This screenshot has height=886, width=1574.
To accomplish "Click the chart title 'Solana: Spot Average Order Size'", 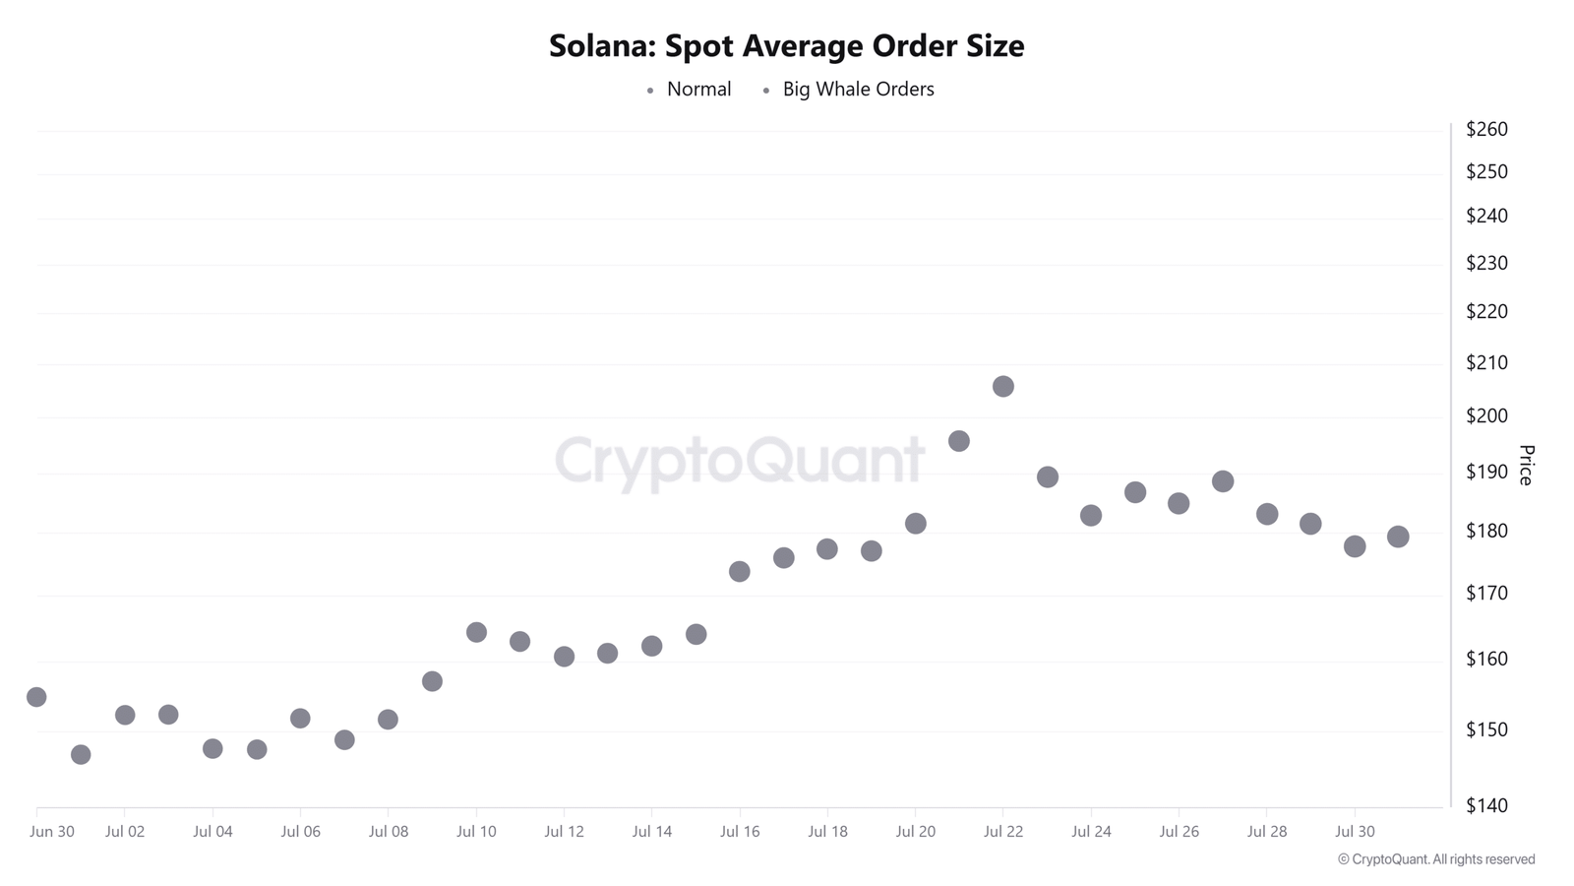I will point(786,46).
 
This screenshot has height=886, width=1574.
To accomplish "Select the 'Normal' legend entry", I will point(698,90).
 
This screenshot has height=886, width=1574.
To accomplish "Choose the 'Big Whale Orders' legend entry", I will point(858,90).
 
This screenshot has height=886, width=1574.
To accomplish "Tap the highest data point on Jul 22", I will point(1002,387).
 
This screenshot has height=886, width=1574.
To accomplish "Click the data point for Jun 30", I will point(36,697).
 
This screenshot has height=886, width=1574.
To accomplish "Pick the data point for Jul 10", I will point(476,632).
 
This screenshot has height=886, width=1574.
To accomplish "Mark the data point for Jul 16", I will point(740,572).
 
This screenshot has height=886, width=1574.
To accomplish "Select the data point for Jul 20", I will point(915,524).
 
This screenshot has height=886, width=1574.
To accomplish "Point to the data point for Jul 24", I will point(1090,516).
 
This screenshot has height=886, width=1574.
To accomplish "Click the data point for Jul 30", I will point(1355,546).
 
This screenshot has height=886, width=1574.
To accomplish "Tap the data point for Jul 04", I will point(212,749).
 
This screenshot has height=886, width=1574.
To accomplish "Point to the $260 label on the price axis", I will point(1485,129).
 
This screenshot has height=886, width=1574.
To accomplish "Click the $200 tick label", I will point(1485,415).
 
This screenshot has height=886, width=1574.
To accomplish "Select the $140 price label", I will point(1485,805).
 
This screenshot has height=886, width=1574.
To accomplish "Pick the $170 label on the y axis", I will point(1485,593).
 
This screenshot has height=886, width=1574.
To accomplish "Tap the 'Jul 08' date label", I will point(388,832).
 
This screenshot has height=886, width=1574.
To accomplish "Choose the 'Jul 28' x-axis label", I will point(1266,832).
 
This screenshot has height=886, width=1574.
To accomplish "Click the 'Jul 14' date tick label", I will point(651,832).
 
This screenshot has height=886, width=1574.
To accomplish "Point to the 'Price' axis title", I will point(1526,465).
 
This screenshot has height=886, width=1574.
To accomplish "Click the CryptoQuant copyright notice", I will point(1435,859).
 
